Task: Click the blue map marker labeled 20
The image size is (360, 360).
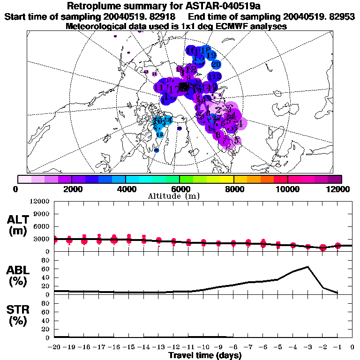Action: (216, 64)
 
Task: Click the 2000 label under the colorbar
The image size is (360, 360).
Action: (71, 189)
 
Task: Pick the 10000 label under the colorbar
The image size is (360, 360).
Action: (288, 189)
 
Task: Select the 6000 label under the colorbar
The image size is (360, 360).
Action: (180, 189)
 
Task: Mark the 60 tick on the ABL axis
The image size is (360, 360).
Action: (46, 269)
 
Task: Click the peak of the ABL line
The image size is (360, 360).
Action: (307, 267)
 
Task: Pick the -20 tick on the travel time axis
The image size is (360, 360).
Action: (54, 347)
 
